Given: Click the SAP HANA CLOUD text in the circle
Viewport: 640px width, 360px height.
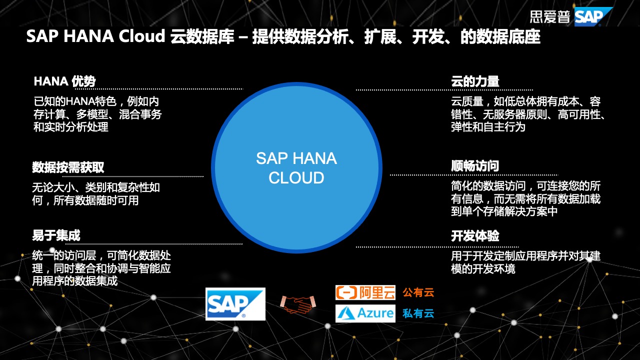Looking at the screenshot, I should [x=296, y=168].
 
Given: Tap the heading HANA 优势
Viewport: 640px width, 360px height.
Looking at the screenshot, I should [x=64, y=81].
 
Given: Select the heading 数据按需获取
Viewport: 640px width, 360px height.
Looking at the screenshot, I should [x=68, y=167].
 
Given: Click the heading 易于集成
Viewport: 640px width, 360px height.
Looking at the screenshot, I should [x=56, y=235].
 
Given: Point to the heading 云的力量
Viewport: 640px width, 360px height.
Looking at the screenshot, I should [x=474, y=81].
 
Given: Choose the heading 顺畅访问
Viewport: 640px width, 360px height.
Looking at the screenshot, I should [x=474, y=166].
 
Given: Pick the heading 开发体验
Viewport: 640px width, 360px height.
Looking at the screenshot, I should [x=474, y=236].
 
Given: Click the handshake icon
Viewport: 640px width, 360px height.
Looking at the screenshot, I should [x=297, y=304].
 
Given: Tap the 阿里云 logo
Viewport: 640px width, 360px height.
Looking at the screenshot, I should [x=365, y=292].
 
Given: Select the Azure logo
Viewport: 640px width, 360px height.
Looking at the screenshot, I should [x=365, y=313].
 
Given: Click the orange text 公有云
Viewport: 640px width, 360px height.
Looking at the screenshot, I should [x=418, y=292].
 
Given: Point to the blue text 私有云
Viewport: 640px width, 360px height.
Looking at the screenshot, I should [x=418, y=314].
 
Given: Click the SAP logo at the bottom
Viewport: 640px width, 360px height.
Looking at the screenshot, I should [x=235, y=304].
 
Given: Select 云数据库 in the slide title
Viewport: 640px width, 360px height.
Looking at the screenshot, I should [x=202, y=36].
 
